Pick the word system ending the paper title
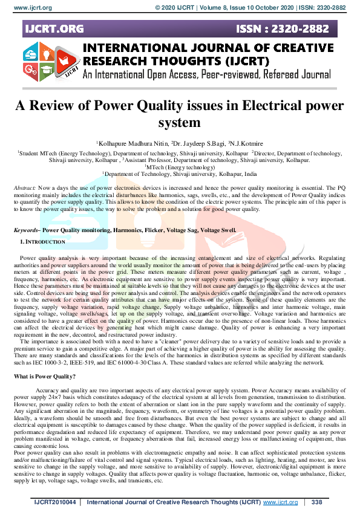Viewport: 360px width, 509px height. point(180,123)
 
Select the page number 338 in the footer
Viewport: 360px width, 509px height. point(316,502)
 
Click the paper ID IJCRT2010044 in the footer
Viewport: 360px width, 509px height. point(57,502)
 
